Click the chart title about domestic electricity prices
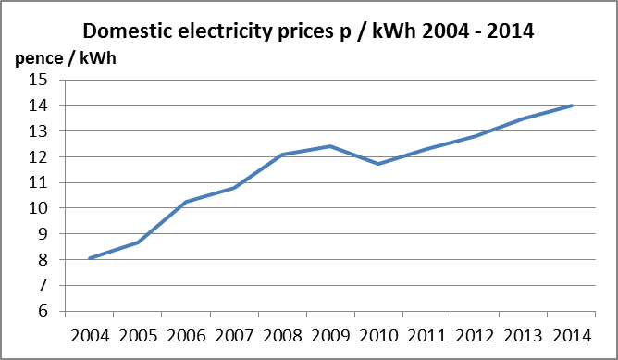click(309, 30)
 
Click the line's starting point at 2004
click(89, 258)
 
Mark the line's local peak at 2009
click(329, 146)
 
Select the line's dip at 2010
click(378, 164)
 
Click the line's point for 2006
click(185, 202)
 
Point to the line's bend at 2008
click(281, 155)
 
